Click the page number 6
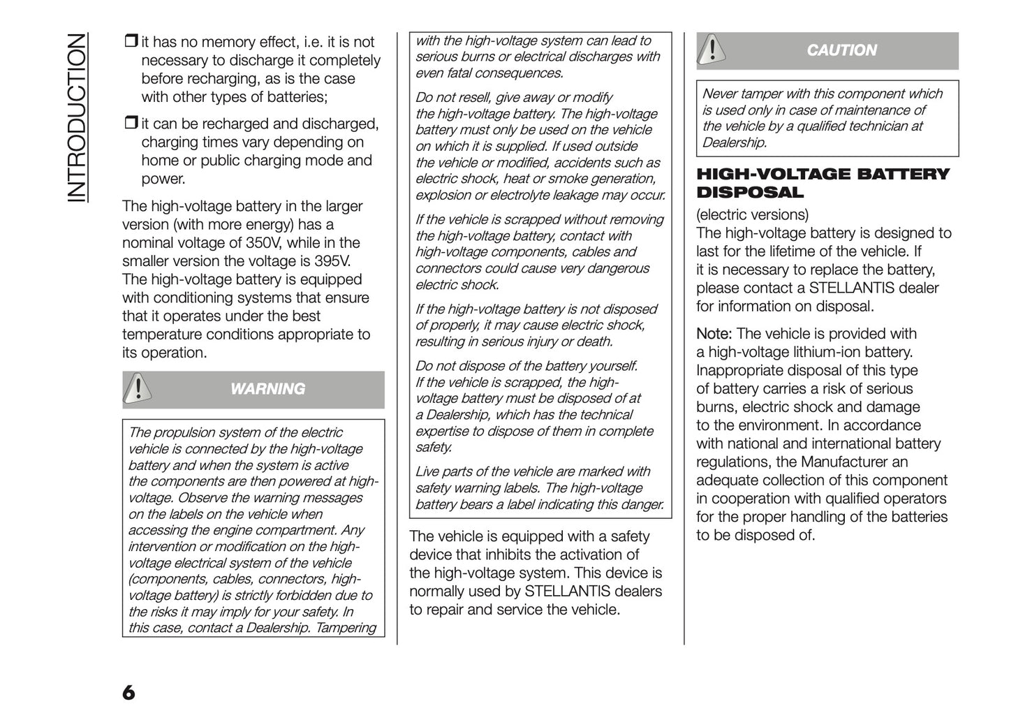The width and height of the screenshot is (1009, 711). click(128, 692)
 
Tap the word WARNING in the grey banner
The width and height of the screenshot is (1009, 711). click(267, 389)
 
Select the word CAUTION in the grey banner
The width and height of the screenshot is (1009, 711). click(841, 50)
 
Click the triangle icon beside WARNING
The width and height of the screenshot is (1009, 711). click(139, 388)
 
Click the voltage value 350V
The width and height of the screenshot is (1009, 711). click(264, 243)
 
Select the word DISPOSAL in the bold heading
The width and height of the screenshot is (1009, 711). click(750, 192)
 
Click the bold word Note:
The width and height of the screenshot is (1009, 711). click(714, 334)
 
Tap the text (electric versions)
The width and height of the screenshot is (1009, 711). click(752, 215)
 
